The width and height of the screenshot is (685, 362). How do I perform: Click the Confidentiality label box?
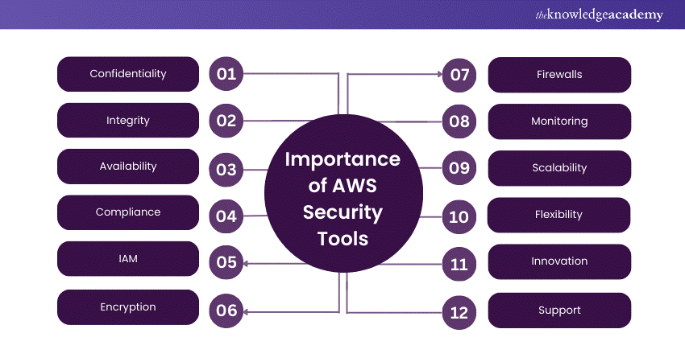point(128,74)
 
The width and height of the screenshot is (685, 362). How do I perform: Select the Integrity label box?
point(128,121)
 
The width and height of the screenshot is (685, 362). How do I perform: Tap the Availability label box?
point(128,167)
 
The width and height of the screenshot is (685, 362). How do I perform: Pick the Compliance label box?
point(128,212)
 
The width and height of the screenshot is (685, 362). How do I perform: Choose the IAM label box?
point(128,260)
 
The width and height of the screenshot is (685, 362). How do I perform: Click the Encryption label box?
point(128,306)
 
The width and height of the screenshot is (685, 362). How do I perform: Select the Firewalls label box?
point(559,75)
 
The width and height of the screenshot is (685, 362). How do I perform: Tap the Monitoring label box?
point(559,121)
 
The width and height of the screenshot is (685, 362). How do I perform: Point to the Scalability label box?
point(559,168)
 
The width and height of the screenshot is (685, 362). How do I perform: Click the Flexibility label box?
point(559,215)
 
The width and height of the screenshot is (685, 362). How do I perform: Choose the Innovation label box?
point(559,261)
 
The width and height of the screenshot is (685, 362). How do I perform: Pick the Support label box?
point(559,310)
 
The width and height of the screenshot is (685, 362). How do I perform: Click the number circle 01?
point(226,75)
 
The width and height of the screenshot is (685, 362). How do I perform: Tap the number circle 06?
point(226,311)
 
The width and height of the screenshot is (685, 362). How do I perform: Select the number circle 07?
point(459,75)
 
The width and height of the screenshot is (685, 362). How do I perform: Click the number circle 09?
point(459,169)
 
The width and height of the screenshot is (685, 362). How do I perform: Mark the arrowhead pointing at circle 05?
point(247,263)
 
